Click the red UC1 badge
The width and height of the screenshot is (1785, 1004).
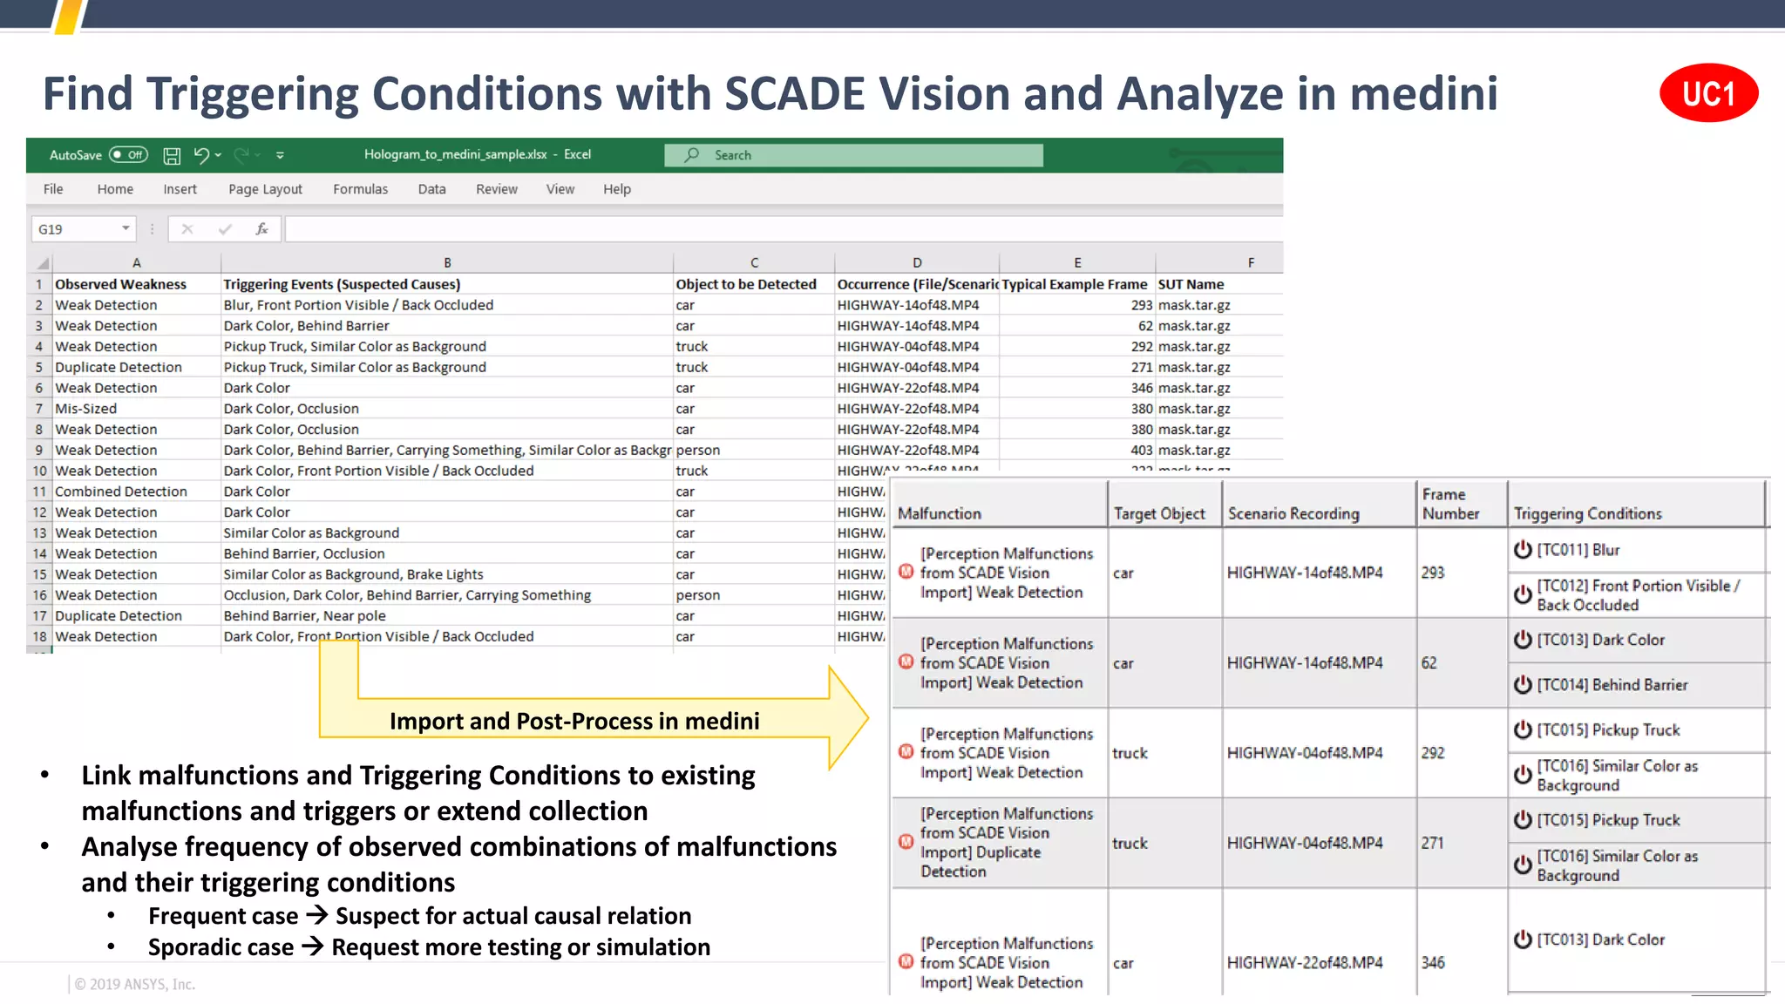tap(1707, 93)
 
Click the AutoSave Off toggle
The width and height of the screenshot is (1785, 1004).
tap(128, 155)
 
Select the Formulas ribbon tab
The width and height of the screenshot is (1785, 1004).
tap(360, 189)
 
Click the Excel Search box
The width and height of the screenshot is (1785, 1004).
tap(853, 155)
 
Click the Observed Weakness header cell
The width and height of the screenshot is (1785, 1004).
tap(121, 284)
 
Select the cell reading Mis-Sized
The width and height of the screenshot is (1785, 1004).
tap(86, 409)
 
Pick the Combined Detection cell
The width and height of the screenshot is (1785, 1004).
tap(121, 492)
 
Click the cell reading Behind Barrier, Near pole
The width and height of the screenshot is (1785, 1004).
tap(304, 616)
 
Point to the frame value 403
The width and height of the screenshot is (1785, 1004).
tap(1141, 451)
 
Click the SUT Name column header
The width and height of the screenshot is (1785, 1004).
tap(1191, 284)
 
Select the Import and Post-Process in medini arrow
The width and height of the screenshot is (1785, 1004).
tap(575, 721)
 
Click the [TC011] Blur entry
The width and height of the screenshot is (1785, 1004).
tap(1578, 550)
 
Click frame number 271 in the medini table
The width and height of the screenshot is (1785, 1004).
tap(1432, 843)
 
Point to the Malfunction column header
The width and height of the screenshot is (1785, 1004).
tap(940, 513)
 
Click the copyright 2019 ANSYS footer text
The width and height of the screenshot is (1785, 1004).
tap(135, 984)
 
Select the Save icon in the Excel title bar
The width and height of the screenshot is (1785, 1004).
tap(172, 156)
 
